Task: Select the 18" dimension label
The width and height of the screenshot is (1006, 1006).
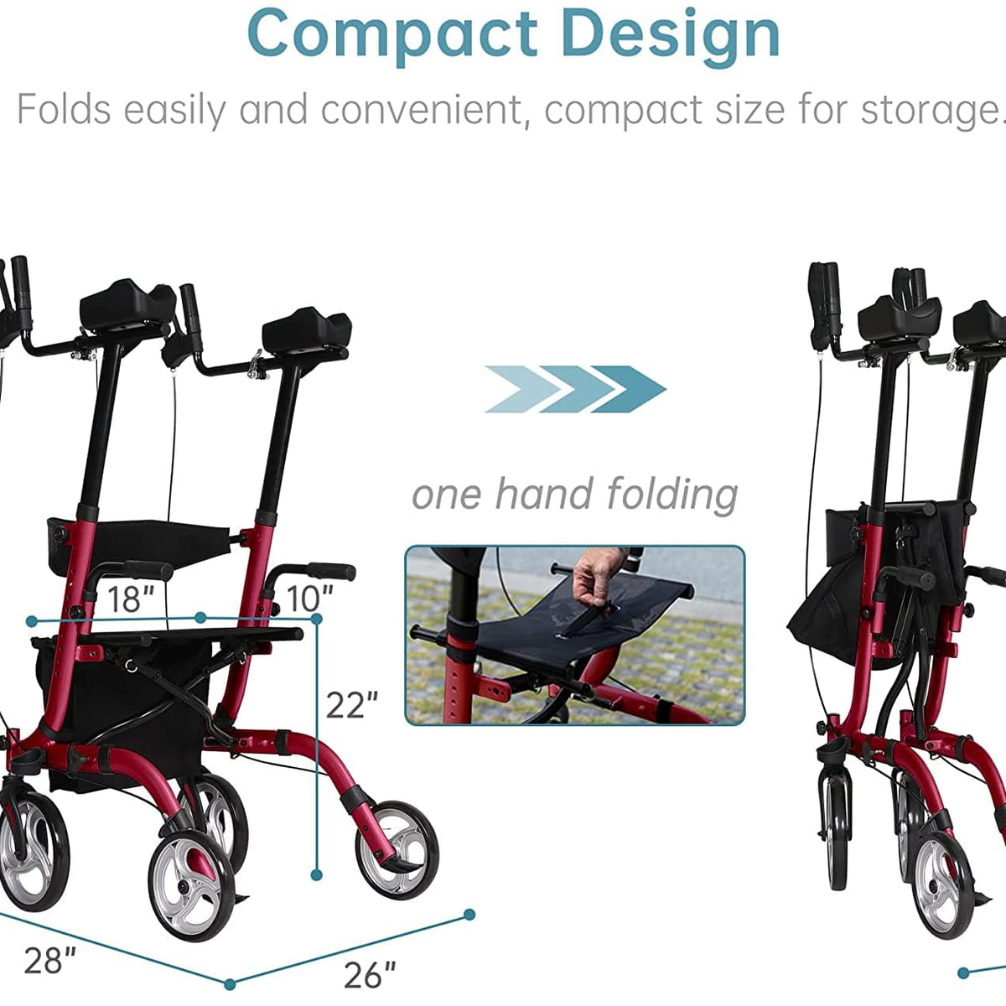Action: (x=131, y=599)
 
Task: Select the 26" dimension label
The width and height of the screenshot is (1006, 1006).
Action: (x=370, y=975)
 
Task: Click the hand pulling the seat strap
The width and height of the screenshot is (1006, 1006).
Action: (x=597, y=577)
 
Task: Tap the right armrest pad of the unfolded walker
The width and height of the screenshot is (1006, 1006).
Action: (x=306, y=333)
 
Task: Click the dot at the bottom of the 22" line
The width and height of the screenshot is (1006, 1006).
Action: (x=317, y=874)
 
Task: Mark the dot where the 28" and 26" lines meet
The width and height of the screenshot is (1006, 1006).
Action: (x=230, y=983)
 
